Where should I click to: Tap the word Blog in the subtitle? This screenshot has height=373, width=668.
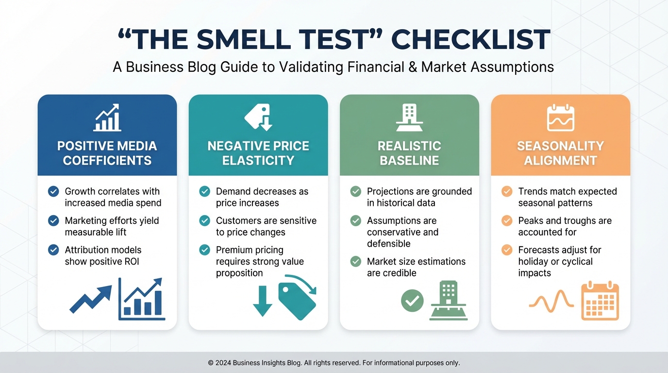point(201,67)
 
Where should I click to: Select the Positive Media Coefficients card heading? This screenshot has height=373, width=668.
point(107,153)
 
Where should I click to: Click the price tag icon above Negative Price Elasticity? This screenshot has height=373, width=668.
point(258,117)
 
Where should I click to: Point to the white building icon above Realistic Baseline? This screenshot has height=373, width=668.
point(409,118)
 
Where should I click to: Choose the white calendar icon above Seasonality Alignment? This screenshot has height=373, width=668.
point(561,118)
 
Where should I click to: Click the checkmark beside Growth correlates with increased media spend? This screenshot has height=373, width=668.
point(53,191)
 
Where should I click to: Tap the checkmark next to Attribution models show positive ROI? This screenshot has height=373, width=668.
point(53,250)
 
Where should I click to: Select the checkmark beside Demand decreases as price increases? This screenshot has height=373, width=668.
point(204,191)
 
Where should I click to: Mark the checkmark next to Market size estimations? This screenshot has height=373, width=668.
point(355,261)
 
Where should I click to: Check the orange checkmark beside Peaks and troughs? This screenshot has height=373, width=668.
point(507,220)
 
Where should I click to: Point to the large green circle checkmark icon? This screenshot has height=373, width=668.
point(412,301)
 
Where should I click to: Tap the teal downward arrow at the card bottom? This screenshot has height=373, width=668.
point(263,301)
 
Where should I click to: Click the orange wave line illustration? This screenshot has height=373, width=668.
point(551,302)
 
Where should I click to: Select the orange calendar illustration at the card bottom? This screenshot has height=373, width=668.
point(600,300)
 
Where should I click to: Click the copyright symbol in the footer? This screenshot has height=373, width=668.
point(211,363)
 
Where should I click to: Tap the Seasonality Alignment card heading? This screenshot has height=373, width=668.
point(561,153)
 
